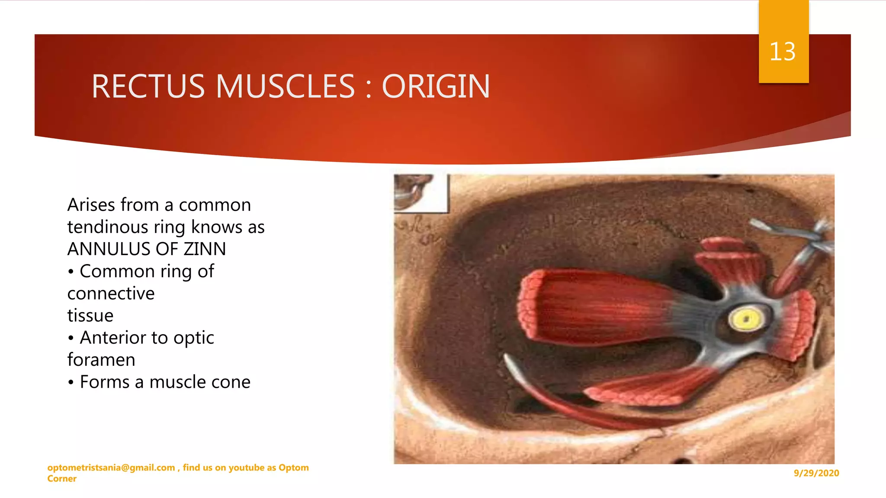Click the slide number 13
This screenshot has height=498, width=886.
point(782,52)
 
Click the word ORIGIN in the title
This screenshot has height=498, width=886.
point(436,86)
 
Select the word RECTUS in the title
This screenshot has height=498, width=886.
point(148,86)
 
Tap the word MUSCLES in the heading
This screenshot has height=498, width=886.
point(286,86)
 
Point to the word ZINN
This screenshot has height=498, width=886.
point(205,249)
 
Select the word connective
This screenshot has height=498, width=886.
point(111,294)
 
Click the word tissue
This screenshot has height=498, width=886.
point(90,316)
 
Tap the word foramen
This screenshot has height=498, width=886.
point(101,360)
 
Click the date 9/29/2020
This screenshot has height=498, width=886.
point(816,473)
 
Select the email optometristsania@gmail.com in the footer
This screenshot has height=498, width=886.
point(111,467)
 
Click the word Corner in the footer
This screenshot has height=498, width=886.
point(62,479)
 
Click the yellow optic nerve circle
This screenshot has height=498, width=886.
point(746,319)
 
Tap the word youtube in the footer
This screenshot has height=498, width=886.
point(246,467)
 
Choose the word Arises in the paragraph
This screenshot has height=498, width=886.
point(91,205)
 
